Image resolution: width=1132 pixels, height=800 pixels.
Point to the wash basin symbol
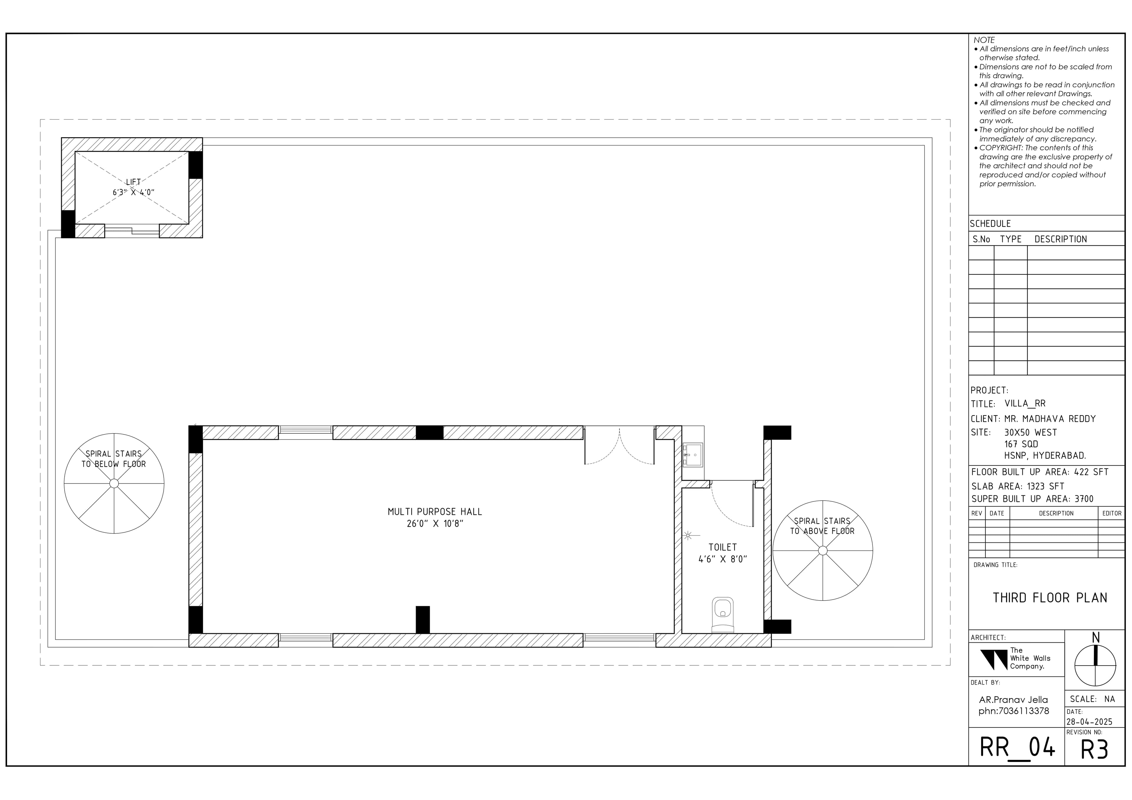tap(693, 454)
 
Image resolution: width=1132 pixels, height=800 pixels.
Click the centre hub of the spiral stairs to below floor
tap(114, 484)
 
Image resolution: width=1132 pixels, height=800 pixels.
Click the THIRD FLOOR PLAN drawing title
tap(1050, 598)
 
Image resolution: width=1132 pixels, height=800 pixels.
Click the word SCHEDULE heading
tap(990, 224)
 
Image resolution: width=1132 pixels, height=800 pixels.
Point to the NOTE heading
tap(984, 40)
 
